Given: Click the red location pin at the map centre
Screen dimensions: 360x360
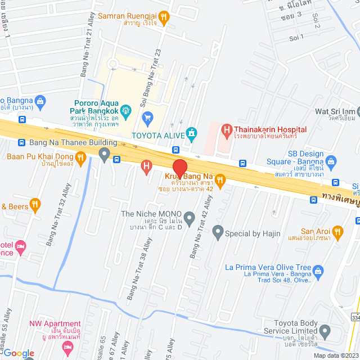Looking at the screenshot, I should pos(179,168).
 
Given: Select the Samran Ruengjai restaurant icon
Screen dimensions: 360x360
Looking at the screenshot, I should pos(163,17).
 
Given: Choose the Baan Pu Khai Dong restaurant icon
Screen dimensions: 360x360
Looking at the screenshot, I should pos(80,159).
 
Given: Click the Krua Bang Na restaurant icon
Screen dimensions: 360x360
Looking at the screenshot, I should pos(220,180).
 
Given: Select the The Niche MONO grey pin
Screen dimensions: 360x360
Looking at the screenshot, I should pos(190,217).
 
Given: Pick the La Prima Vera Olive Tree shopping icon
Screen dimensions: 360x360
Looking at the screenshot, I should pos(318,271).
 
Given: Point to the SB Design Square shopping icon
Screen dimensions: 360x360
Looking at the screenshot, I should pos(331,163).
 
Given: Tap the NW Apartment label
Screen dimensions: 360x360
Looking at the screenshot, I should pos(55,323).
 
